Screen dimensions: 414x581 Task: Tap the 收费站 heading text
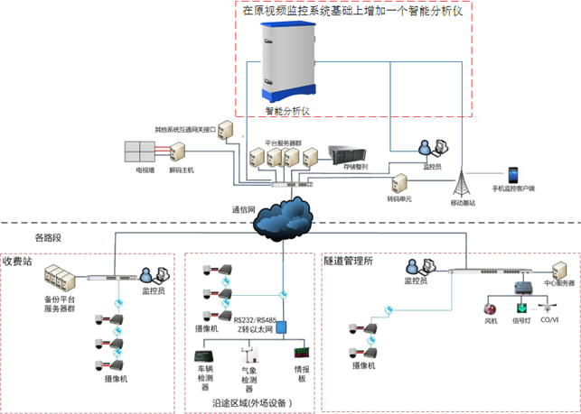tap(18, 259)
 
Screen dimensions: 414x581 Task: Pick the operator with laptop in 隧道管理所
tap(417, 268)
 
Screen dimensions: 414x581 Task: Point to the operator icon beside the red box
tap(426, 147)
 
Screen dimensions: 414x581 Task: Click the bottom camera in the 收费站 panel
tap(102, 365)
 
